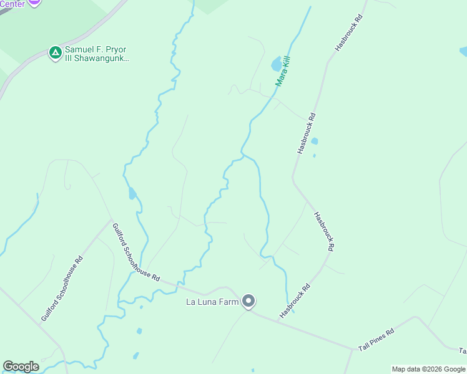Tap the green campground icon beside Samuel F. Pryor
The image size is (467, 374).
point(55,53)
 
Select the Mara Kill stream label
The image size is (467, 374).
point(283,71)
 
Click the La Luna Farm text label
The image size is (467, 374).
point(214,302)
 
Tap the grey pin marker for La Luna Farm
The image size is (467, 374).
point(248,302)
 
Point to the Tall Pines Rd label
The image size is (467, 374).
point(376,339)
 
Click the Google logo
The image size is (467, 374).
point(21,367)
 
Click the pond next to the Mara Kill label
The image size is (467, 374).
point(276,64)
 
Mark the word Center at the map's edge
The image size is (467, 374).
point(12,4)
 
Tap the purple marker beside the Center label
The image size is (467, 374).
point(34,2)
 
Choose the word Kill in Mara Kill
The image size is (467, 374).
point(287,64)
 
